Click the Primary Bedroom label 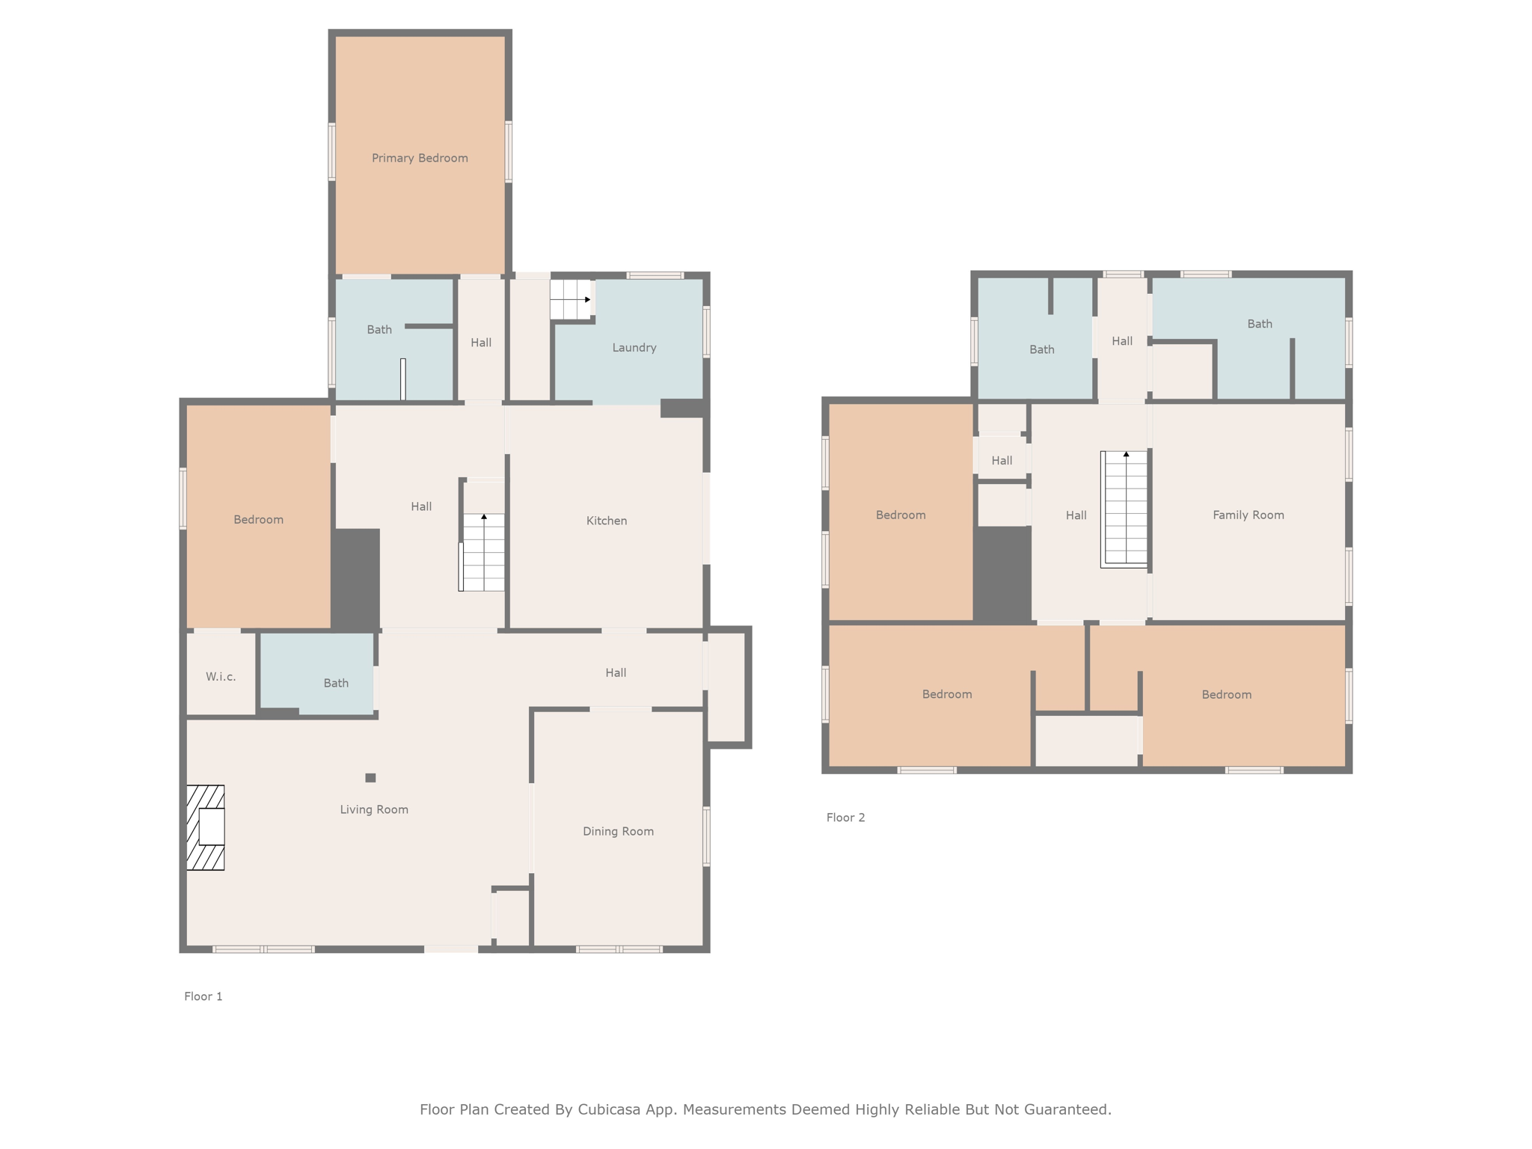(420, 158)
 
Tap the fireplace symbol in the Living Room (206, 827)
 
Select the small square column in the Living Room (370, 778)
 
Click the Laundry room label (634, 347)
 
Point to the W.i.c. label (221, 676)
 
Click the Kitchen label (606, 521)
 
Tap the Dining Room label (618, 831)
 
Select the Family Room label (1248, 515)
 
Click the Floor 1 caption (203, 996)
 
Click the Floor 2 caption (845, 818)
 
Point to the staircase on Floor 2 (1124, 509)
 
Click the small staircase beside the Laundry (571, 299)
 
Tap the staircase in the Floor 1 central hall (483, 551)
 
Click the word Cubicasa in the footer (608, 1109)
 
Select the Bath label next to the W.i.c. (336, 683)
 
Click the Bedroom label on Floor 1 (258, 519)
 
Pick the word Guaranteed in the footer (1071, 1109)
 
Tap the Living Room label (374, 809)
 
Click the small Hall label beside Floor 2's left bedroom (1002, 460)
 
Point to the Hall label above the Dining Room (616, 672)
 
